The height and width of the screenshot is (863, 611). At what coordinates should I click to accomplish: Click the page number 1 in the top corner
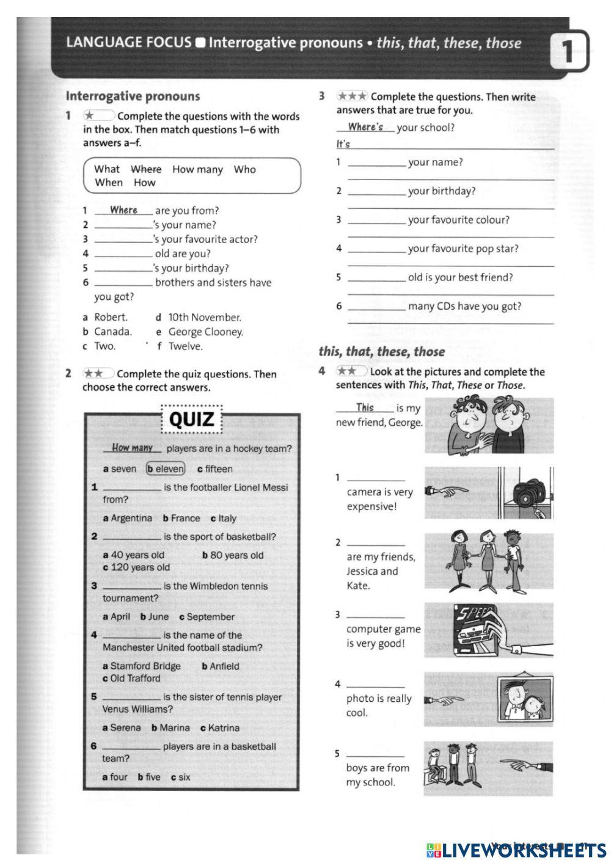[x=568, y=52]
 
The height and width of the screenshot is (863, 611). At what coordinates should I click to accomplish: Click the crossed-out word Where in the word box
[x=146, y=169]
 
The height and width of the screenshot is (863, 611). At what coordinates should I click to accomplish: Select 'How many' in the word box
[x=197, y=169]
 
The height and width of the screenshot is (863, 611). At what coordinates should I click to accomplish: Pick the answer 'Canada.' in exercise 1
[x=112, y=332]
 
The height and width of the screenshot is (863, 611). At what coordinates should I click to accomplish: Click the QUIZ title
[x=191, y=420]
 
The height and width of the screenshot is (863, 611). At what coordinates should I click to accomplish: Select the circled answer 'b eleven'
[x=165, y=469]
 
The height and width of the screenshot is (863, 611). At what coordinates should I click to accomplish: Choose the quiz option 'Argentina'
[x=131, y=519]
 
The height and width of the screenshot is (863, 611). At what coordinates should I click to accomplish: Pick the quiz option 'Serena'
[x=125, y=728]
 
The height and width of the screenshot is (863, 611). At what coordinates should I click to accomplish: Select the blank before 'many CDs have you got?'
[x=376, y=307]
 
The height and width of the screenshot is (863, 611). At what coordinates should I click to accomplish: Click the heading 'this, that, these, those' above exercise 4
[x=381, y=351]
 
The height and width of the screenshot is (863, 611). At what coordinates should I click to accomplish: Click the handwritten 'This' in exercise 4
[x=365, y=407]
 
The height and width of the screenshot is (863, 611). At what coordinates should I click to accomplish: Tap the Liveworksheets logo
[x=516, y=850]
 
